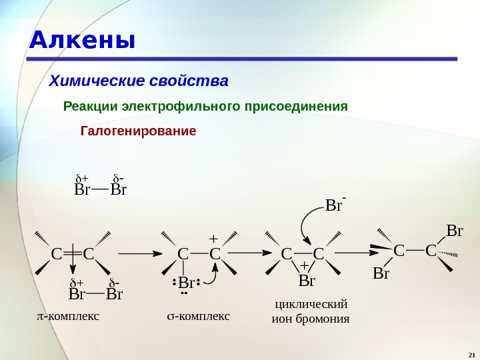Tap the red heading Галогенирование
139,130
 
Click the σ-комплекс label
197,315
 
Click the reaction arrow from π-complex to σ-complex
144,254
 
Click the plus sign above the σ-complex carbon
213,239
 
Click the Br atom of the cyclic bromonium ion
307,281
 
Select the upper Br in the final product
454,231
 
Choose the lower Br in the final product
381,273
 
